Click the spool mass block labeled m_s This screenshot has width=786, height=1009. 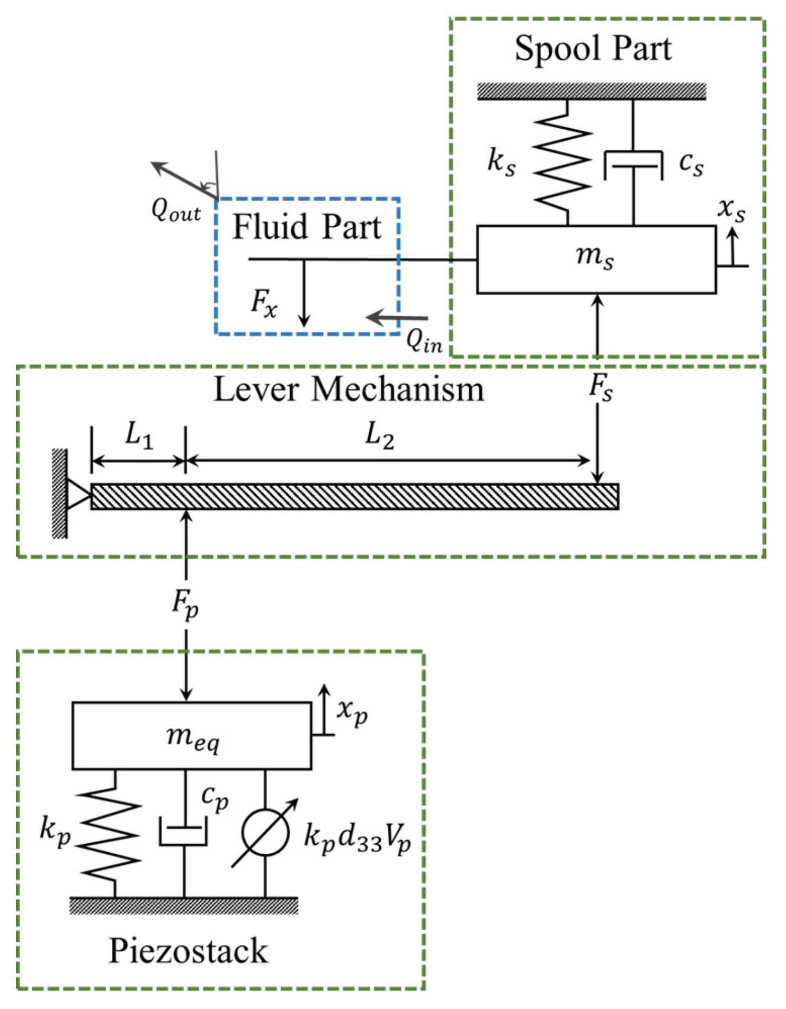coord(596,260)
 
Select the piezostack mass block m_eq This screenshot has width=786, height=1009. coord(192,736)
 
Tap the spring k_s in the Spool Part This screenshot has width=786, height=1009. coord(562,162)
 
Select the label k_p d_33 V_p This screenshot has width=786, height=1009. coord(358,840)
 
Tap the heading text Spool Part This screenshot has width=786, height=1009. coord(593,49)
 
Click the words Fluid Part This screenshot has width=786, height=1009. coord(307,227)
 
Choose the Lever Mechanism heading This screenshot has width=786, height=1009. coord(349,389)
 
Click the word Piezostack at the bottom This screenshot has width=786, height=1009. coord(188,951)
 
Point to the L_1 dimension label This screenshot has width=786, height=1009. coord(139,435)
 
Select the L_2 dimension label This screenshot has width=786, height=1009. coord(380,435)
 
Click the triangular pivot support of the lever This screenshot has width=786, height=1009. coord(78,494)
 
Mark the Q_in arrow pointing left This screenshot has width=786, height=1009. coord(397,318)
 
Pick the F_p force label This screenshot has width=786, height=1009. coord(185,604)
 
